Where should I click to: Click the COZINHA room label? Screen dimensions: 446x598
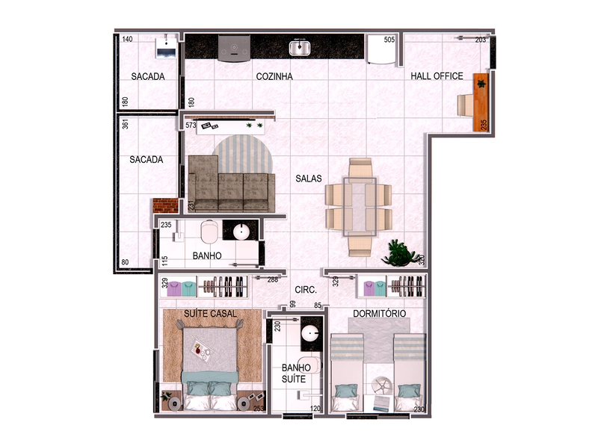[x=274, y=76]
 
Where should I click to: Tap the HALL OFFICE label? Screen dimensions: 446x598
[x=437, y=76]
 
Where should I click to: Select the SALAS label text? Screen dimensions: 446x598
[x=308, y=179]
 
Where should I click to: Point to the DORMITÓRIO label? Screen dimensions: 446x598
[x=379, y=314]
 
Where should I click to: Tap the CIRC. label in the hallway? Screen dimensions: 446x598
[x=306, y=290]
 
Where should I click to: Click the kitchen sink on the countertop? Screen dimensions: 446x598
[x=300, y=49]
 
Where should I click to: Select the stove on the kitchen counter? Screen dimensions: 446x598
[x=233, y=48]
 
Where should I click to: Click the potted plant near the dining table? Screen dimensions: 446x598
[x=400, y=254]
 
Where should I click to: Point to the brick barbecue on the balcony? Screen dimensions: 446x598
[x=164, y=205]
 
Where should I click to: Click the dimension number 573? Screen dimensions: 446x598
[x=191, y=126]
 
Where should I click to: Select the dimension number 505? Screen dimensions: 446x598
[x=389, y=40]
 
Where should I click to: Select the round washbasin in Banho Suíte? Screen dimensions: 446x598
[x=310, y=334]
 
